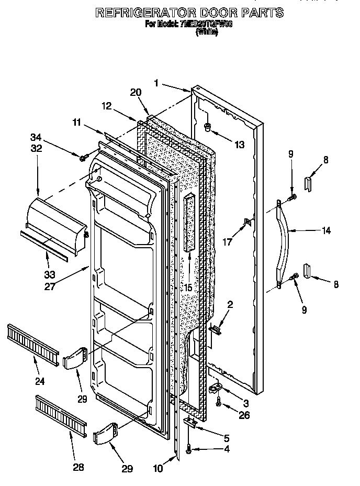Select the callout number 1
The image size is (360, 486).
click(x=156, y=82)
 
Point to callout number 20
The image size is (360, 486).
click(x=136, y=92)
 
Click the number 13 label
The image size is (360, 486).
click(x=239, y=145)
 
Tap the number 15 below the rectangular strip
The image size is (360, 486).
click(x=187, y=288)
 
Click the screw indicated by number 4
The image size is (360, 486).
click(x=188, y=448)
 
